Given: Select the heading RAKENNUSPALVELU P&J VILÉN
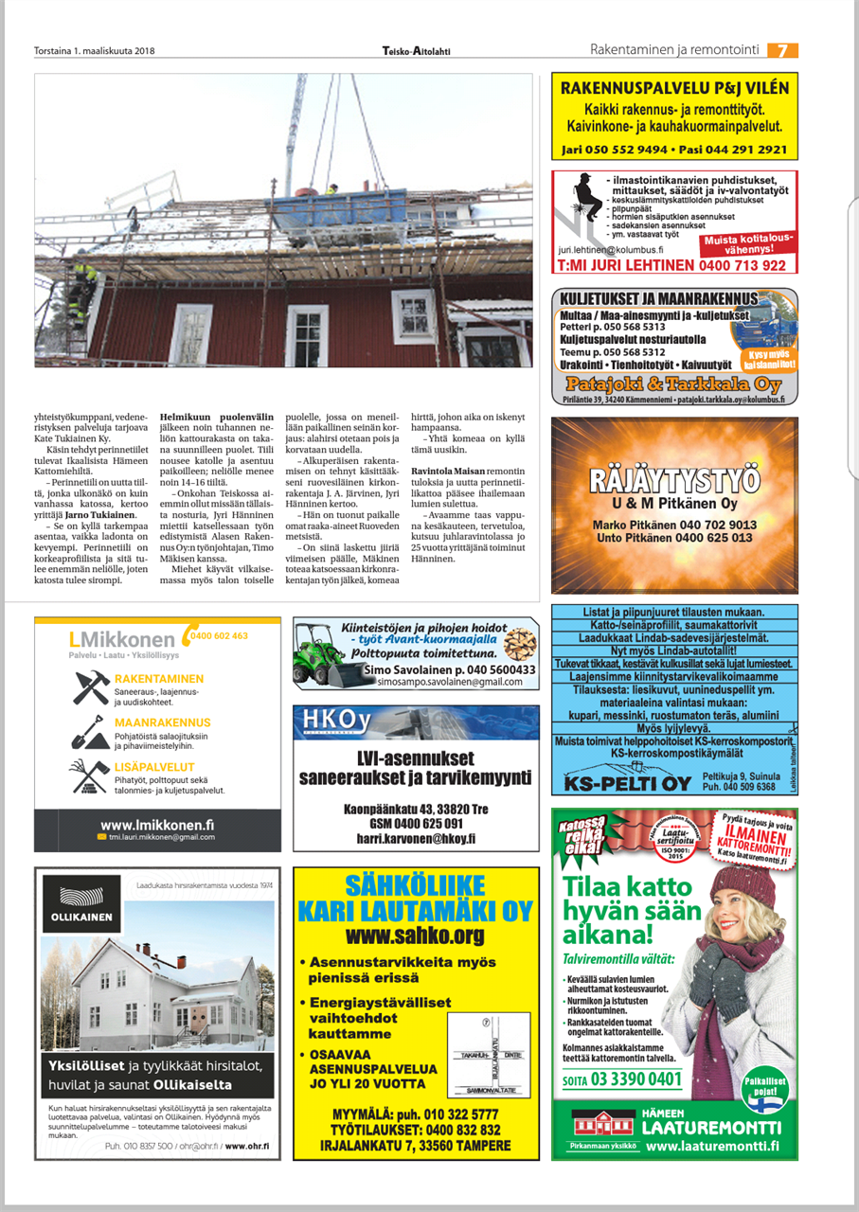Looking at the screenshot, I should pyautogui.click(x=674, y=88).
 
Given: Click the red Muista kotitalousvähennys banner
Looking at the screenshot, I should pyautogui.click(x=748, y=243).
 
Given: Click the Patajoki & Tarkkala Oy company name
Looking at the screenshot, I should pyautogui.click(x=673, y=384).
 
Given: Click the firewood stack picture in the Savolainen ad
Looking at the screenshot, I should pyautogui.click(x=519, y=644).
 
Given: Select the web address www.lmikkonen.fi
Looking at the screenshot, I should pyautogui.click(x=157, y=825).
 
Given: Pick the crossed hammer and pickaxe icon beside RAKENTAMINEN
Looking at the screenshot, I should pyautogui.click(x=91, y=687).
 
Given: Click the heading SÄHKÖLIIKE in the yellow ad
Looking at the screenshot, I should pyautogui.click(x=415, y=887).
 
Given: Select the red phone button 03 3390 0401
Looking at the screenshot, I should pyautogui.click(x=621, y=1078).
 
